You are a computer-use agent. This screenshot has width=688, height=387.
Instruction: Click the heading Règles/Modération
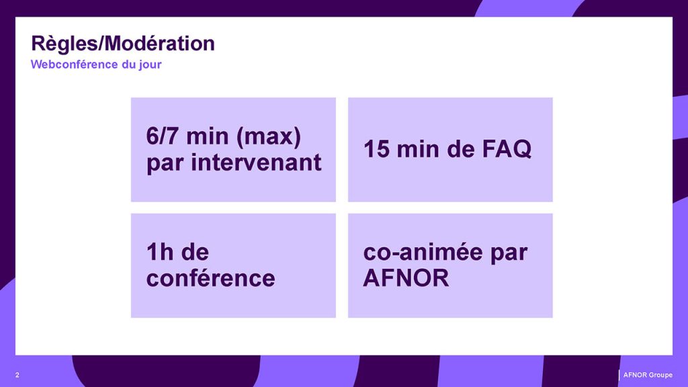pyautogui.click(x=123, y=44)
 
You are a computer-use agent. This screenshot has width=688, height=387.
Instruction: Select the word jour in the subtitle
pyautogui.click(x=150, y=65)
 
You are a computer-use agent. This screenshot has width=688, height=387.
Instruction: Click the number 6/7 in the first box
pyautogui.click(x=163, y=136)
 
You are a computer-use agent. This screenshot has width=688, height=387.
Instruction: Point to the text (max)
pyautogui.click(x=269, y=136)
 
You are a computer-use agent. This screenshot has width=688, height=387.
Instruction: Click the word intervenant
pyautogui.click(x=256, y=163)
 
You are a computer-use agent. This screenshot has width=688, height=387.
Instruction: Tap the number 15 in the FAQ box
pyautogui.click(x=376, y=149)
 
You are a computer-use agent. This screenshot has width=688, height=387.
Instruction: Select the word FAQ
pyautogui.click(x=507, y=149)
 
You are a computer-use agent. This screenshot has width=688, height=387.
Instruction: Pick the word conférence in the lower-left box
pyautogui.click(x=210, y=278)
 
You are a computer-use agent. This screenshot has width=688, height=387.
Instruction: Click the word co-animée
pyautogui.click(x=423, y=252)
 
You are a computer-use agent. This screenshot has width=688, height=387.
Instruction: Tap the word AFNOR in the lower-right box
pyautogui.click(x=406, y=278)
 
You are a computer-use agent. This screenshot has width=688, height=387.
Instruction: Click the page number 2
pyautogui.click(x=17, y=375)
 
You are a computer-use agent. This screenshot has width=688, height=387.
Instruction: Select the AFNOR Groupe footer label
pyautogui.click(x=648, y=375)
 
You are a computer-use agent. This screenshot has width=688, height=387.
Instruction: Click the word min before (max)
pyautogui.click(x=208, y=136)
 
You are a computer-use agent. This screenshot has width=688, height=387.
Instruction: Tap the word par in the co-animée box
pyautogui.click(x=509, y=253)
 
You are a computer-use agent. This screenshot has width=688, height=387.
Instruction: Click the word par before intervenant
pyautogui.click(x=165, y=164)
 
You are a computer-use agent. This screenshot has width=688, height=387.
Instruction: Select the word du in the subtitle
pyautogui.click(x=128, y=64)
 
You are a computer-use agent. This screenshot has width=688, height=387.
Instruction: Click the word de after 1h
pyautogui.click(x=195, y=252)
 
